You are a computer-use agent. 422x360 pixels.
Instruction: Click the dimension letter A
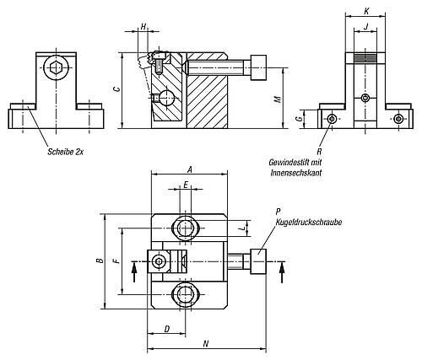(x=190, y=169)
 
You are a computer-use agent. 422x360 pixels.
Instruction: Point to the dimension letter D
(x=167, y=329)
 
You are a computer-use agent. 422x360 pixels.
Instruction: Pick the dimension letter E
(x=186, y=185)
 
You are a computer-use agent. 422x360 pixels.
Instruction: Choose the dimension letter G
(x=300, y=119)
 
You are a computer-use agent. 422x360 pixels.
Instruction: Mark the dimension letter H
(x=143, y=27)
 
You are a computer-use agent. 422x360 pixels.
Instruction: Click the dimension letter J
(x=365, y=27)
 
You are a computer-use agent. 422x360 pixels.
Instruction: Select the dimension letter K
(x=366, y=11)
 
